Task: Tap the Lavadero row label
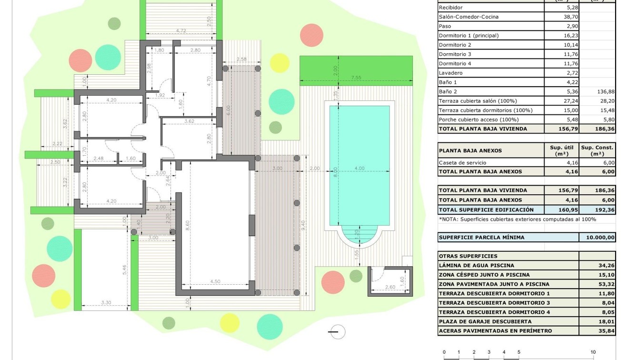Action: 450,73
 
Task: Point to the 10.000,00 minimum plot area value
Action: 597,238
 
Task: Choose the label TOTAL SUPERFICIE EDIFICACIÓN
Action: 486,210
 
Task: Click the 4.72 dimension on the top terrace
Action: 181,31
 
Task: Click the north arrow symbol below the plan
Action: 337,332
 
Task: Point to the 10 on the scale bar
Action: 593,352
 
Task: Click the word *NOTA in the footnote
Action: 448,219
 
